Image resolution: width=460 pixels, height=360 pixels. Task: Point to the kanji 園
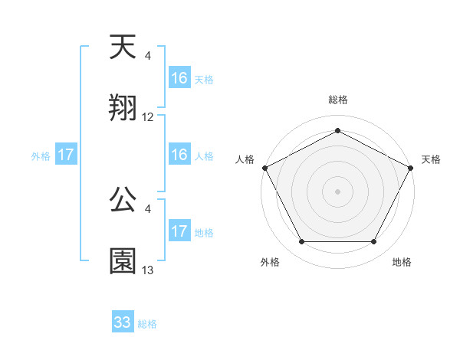[x=123, y=260]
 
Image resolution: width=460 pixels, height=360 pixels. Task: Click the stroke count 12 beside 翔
[x=148, y=117]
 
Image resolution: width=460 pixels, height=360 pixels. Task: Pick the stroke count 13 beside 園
[x=148, y=270]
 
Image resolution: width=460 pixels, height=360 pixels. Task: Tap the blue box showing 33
[x=123, y=322]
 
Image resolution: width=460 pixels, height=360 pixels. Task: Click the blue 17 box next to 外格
[x=66, y=155]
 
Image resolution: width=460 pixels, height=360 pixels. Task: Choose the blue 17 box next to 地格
[x=179, y=231]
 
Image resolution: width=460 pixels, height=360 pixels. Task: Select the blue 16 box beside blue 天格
[x=179, y=77]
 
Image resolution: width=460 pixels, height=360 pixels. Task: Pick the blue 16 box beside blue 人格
[x=179, y=155]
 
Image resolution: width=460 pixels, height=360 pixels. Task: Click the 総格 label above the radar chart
[x=337, y=100]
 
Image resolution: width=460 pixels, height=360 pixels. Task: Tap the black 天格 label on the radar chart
[x=431, y=159]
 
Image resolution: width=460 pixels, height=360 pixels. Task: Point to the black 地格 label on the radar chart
[x=402, y=262]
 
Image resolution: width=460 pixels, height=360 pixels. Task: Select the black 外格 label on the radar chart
[x=270, y=262]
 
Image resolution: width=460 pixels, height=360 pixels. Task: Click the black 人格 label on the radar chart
[x=245, y=159]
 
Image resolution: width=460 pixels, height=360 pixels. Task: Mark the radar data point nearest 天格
[x=412, y=166]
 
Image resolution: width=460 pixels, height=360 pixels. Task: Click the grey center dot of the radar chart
[x=337, y=190]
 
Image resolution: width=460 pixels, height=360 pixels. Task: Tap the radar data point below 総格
[x=337, y=131]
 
